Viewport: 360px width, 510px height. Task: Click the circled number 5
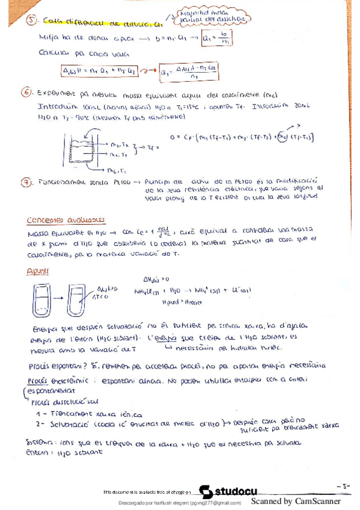click(33, 22)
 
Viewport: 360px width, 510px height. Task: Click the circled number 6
click(26, 93)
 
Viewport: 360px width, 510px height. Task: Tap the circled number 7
click(26, 182)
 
